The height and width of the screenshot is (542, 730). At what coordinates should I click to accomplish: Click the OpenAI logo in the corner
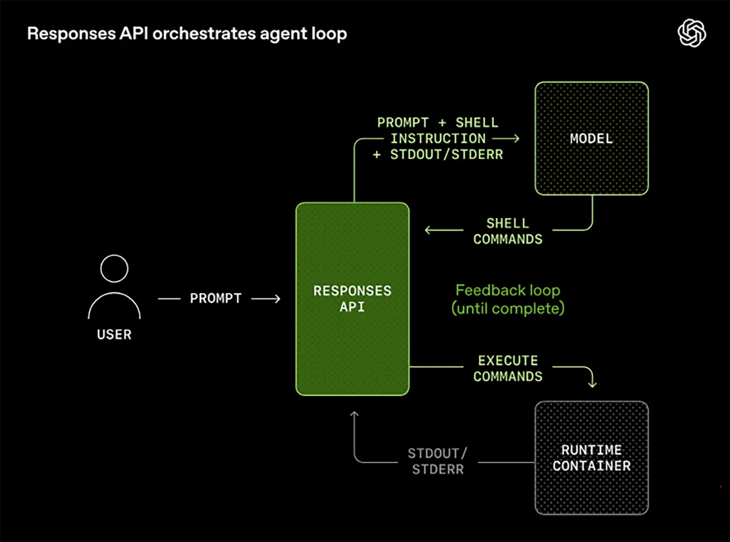point(692,33)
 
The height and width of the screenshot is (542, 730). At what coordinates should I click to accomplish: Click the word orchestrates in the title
point(204,34)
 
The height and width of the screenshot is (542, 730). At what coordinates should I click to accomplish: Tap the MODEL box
point(591,139)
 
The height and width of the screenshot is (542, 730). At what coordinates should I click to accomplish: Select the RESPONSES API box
point(352,299)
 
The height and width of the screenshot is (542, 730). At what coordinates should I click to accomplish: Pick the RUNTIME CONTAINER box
point(591,458)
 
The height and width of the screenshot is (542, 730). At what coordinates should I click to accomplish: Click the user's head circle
point(114,269)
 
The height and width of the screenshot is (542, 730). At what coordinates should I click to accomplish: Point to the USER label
point(114,335)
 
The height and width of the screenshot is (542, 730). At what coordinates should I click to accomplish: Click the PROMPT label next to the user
point(216,298)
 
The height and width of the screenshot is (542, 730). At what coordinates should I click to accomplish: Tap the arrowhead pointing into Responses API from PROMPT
point(277,299)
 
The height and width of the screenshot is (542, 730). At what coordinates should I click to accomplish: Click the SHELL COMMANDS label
point(508,231)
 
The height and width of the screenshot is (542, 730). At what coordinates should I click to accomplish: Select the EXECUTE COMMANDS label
point(508,368)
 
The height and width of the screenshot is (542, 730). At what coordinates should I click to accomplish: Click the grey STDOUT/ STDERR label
point(438,461)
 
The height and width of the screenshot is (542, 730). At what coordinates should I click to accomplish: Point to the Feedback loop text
point(508,290)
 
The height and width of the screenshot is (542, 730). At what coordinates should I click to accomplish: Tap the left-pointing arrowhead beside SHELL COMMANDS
point(428,230)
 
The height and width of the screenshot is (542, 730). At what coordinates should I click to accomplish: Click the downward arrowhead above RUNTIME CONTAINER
point(592,384)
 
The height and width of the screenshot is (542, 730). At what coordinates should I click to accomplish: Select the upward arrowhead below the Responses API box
point(354,415)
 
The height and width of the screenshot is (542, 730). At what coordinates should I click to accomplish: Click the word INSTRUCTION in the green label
point(438,139)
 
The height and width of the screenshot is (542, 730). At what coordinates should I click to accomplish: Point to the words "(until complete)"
point(508,308)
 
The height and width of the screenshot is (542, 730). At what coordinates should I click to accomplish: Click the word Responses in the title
point(72,34)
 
